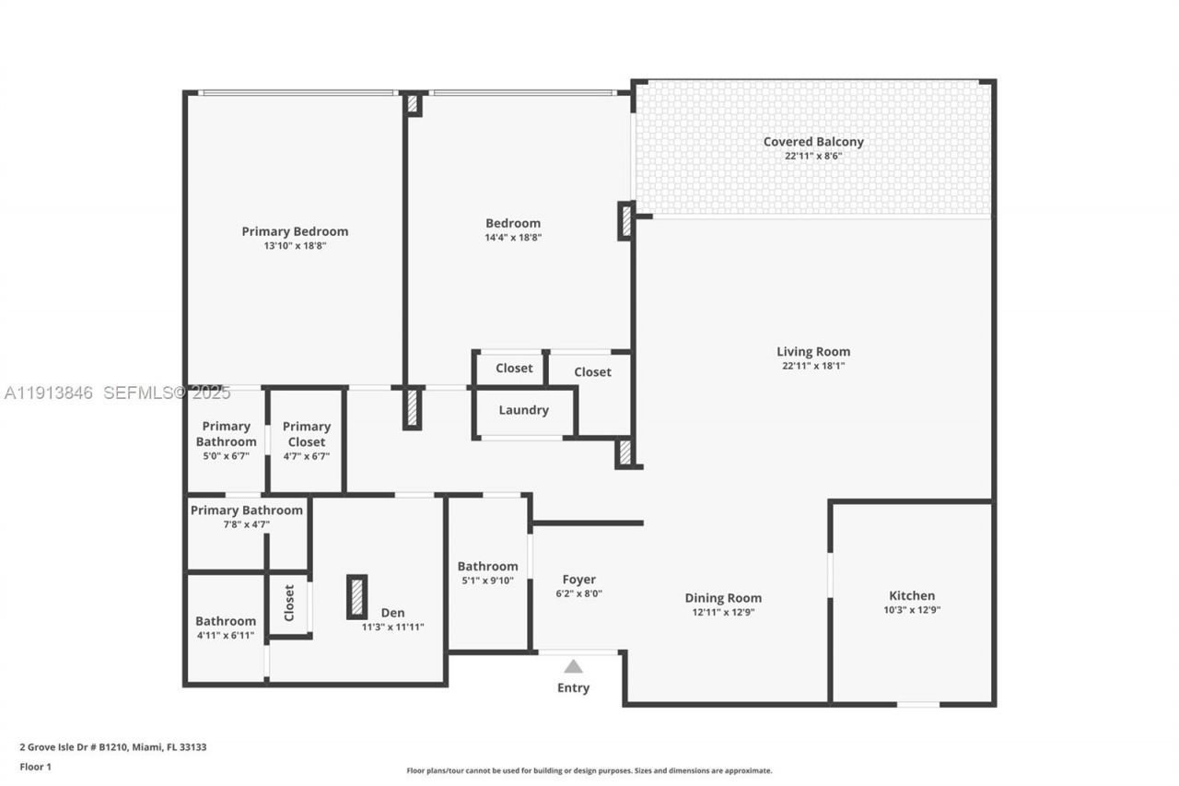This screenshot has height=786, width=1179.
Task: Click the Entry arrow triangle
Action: tap(574, 666)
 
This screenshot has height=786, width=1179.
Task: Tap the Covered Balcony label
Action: tap(813, 142)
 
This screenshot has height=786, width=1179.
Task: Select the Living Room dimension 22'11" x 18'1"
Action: tap(813, 366)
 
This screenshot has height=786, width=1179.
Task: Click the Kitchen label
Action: tap(912, 595)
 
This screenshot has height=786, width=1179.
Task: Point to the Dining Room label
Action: tap(723, 598)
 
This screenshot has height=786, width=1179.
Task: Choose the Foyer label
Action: tap(579, 580)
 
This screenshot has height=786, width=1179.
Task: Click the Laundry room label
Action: tap(523, 410)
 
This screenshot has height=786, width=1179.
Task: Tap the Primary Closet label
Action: tap(306, 433)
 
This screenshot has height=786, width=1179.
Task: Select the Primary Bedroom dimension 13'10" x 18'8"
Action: tap(295, 246)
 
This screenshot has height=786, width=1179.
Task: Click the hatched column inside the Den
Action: tap(356, 596)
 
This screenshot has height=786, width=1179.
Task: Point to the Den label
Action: tap(392, 613)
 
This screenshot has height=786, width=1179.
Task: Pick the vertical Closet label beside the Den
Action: tap(289, 603)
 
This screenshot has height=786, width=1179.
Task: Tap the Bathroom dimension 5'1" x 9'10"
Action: tap(487, 581)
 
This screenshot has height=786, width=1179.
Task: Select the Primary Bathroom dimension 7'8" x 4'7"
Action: tap(246, 524)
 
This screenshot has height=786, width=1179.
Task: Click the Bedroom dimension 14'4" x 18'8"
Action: tap(513, 237)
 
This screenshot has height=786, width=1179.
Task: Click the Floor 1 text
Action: tap(36, 766)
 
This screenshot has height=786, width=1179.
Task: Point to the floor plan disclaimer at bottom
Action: tap(589, 770)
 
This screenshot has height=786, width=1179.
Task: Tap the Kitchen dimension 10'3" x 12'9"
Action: tap(912, 609)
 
